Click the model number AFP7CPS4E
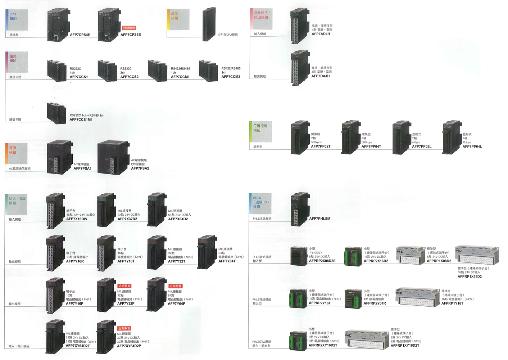tap(80, 35)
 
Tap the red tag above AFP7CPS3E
tap(129, 28)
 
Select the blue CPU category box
tap(17, 20)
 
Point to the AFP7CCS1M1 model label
tap(81, 120)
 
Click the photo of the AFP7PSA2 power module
tap(113, 158)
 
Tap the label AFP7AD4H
tap(321, 34)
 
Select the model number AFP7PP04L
tap(472, 147)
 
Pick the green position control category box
tap(261, 132)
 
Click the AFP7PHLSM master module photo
tap(300, 209)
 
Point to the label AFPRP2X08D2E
tap(322, 261)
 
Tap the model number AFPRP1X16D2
tap(470, 276)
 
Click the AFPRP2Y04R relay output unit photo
tap(353, 298)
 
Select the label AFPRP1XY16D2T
tap(405, 346)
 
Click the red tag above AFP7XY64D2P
tap(124, 328)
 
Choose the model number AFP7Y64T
tap(227, 261)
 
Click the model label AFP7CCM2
tap(231, 77)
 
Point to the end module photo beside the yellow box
tap(209, 24)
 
